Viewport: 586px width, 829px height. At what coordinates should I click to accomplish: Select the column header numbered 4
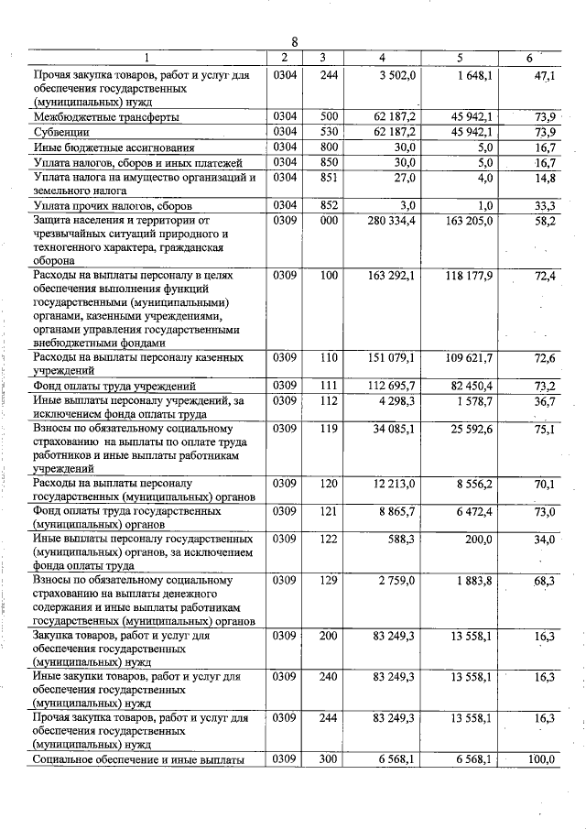pos(382,59)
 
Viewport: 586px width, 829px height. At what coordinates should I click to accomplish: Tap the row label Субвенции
pos(60,132)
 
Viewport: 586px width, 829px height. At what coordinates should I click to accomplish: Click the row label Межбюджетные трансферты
pos(105,117)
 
